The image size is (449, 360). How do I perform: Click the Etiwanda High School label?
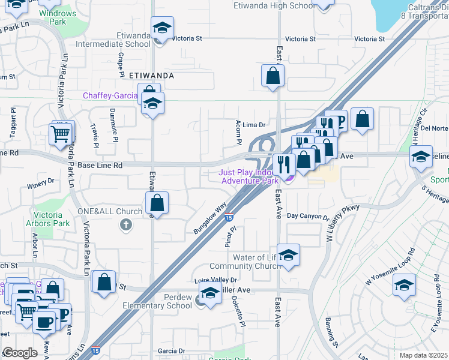(x=274, y=5)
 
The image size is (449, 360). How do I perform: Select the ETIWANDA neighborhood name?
(x=151, y=76)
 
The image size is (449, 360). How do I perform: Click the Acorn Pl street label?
(x=239, y=133)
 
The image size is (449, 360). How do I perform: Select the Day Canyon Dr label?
(x=307, y=216)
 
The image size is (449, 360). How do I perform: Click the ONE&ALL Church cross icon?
(x=125, y=225)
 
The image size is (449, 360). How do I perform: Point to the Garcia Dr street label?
(x=170, y=351)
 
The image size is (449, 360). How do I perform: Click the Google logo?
(x=20, y=353)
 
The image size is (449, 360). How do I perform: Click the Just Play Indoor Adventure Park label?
(x=250, y=176)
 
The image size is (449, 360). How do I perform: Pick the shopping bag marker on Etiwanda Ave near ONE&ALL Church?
(x=157, y=203)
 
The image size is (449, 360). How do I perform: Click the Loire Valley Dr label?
(x=216, y=280)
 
